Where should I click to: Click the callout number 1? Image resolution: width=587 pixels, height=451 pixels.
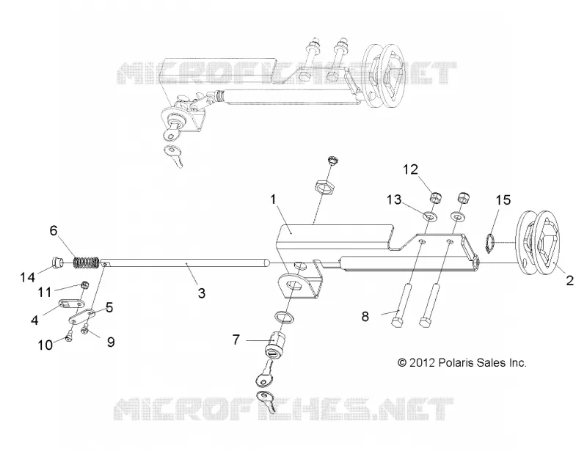pyautogui.click(x=273, y=199)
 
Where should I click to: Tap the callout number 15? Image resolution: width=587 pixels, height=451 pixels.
pyautogui.click(x=503, y=200)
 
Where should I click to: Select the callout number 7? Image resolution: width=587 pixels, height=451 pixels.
pyautogui.click(x=236, y=340)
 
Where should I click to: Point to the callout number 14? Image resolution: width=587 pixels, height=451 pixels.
pyautogui.click(x=27, y=277)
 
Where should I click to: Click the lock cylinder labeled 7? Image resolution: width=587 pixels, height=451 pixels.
pyautogui.click(x=274, y=344)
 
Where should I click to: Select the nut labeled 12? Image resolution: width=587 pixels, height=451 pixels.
pyautogui.click(x=434, y=197)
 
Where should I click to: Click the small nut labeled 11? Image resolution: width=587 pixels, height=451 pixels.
pyautogui.click(x=84, y=285)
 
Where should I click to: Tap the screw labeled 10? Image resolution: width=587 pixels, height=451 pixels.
pyautogui.click(x=68, y=338)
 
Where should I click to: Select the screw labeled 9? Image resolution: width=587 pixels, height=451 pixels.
pyautogui.click(x=85, y=329)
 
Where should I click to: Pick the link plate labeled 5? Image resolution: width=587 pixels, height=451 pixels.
pyautogui.click(x=82, y=317)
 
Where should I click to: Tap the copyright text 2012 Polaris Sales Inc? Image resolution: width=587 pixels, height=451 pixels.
pyautogui.click(x=462, y=363)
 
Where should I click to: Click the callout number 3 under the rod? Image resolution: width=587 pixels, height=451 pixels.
pyautogui.click(x=201, y=293)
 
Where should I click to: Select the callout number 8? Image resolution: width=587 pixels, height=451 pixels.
pyautogui.click(x=365, y=317)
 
